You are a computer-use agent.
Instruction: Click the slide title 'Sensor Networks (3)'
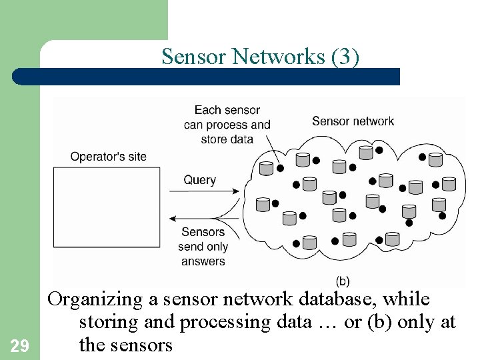click(260, 57)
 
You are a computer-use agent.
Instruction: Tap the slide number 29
click(20, 345)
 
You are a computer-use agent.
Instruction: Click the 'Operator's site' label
click(108, 157)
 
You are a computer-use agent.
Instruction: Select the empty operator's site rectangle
click(107, 207)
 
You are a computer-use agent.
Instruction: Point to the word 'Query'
click(200, 180)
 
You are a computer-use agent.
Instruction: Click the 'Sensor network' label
click(353, 121)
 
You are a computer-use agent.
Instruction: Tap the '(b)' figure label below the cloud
click(341, 281)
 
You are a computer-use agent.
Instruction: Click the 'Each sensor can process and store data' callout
click(227, 125)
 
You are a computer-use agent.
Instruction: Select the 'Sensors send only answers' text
click(203, 247)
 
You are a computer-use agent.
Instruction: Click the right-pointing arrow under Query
click(200, 192)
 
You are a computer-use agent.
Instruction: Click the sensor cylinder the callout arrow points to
click(267, 168)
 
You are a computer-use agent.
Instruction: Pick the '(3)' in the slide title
click(345, 57)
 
